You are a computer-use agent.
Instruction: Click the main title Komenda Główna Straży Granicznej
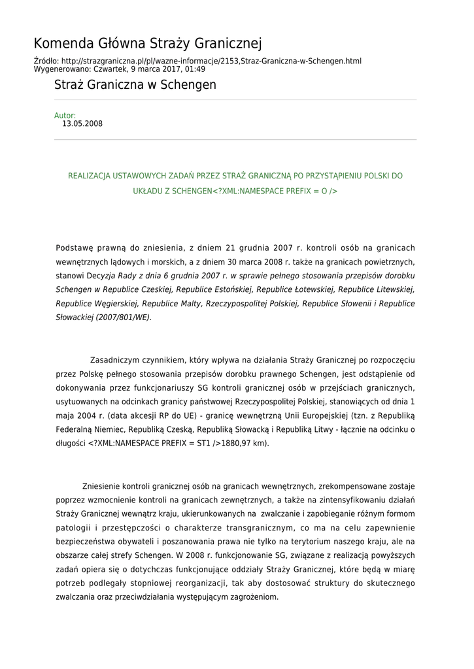pos(148,44)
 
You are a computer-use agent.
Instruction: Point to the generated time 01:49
pos(195,69)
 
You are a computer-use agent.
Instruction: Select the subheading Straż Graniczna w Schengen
pos(135,85)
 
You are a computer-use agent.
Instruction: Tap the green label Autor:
pos(65,116)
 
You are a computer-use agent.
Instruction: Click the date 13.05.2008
pos(82,123)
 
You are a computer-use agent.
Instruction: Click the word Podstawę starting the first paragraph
pos(75,248)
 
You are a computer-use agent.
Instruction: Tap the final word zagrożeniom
pos(250,597)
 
